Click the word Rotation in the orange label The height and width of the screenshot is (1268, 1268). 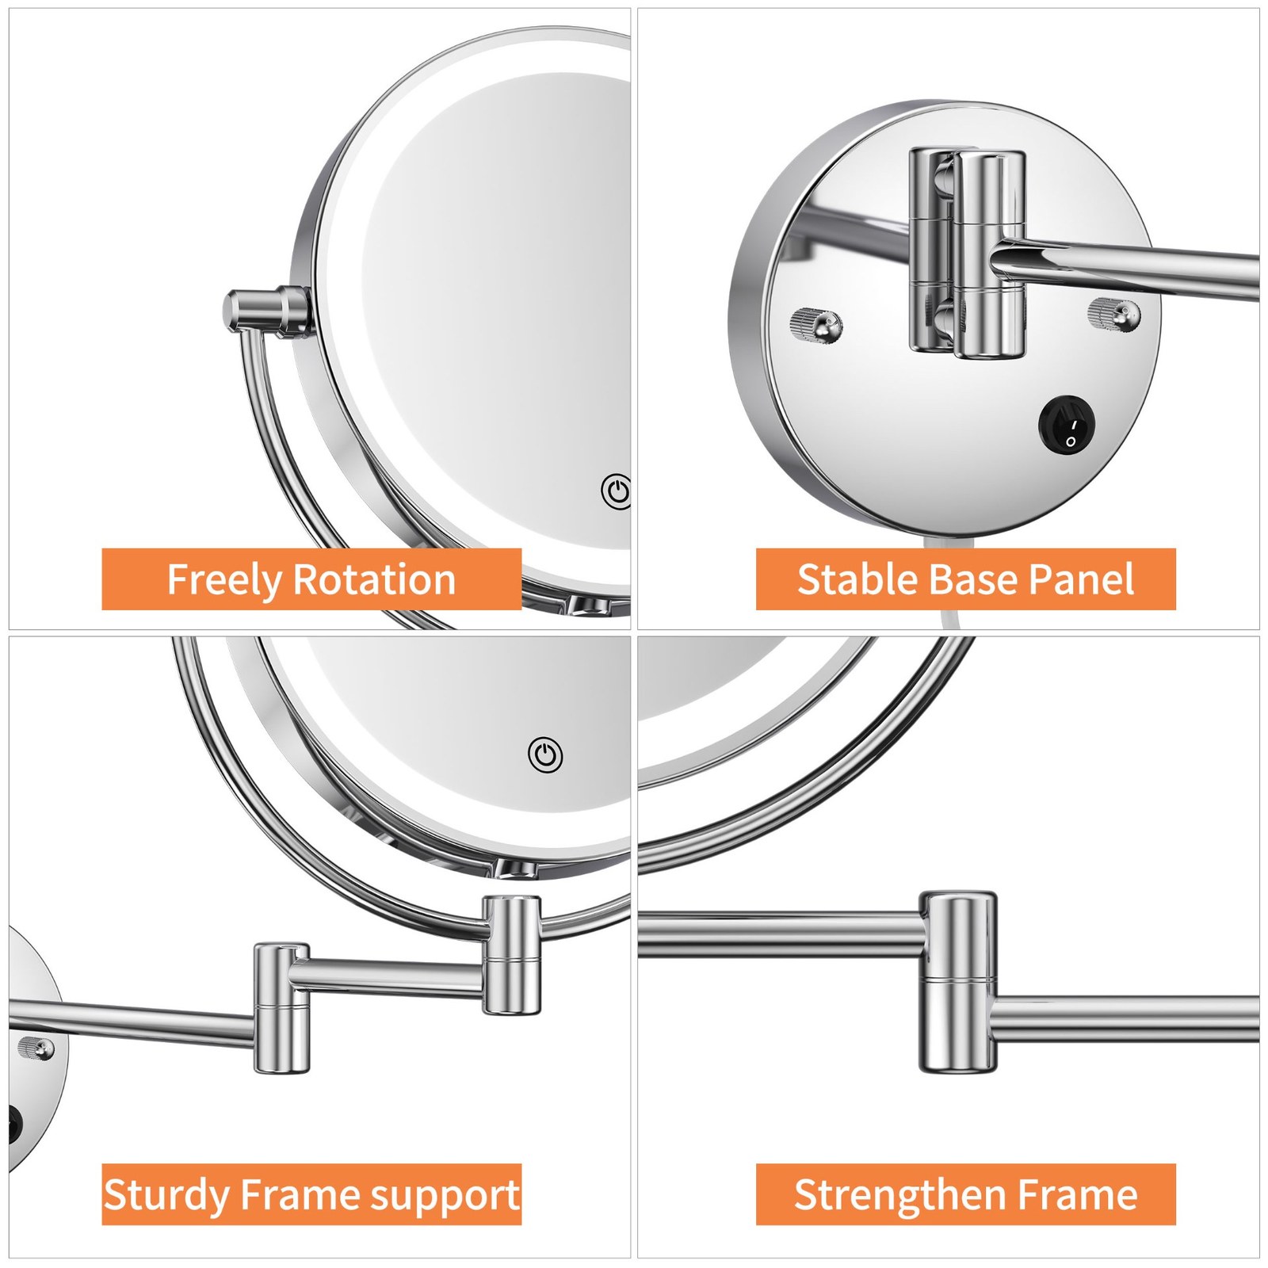[x=374, y=579]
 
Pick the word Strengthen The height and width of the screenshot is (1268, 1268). [x=900, y=1195]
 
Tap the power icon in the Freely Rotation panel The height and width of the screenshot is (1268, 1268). [x=616, y=492]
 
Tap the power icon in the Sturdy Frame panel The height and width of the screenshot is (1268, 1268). [x=546, y=754]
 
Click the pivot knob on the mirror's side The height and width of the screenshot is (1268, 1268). [x=265, y=310]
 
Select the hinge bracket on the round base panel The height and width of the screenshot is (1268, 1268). [x=967, y=252]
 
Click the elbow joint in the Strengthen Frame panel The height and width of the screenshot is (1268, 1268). [x=958, y=982]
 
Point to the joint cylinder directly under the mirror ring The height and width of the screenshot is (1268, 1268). [x=512, y=955]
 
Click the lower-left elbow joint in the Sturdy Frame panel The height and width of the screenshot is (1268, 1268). [x=281, y=1008]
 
